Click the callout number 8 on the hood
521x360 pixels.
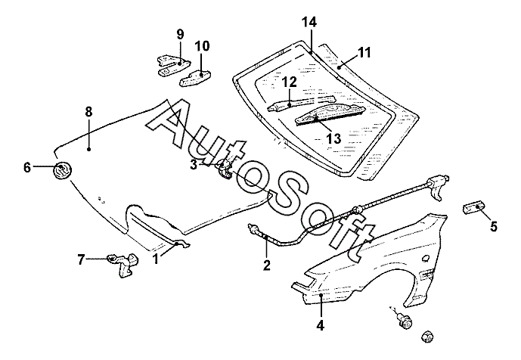[x=88, y=112]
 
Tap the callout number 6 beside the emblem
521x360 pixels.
[x=27, y=167]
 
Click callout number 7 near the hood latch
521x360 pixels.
[x=81, y=260]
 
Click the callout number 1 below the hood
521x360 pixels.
[x=156, y=259]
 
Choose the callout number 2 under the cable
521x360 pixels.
[x=266, y=265]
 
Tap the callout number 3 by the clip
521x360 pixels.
[x=194, y=164]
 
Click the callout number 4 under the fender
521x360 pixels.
[x=321, y=326]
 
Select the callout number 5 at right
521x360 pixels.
[x=493, y=225]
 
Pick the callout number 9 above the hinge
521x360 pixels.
[x=180, y=34]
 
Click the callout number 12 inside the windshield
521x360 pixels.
[x=289, y=81]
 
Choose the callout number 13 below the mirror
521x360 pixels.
[x=333, y=138]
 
